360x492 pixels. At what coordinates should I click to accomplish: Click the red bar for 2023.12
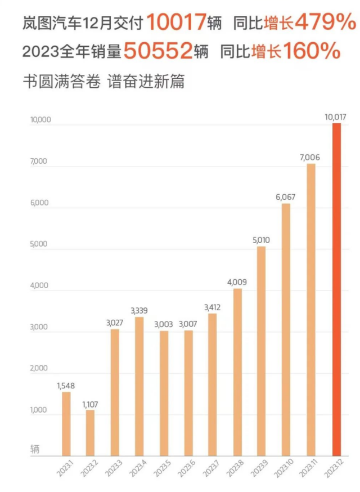[336, 289]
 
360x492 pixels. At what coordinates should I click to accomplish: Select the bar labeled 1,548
[66, 424]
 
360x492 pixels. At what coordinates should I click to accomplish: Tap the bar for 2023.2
[91, 433]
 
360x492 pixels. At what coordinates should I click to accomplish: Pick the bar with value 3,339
[139, 386]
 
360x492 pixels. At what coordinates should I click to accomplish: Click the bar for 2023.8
[237, 372]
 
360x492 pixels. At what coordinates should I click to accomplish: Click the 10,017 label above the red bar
[335, 117]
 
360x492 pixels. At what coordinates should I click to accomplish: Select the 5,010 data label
[262, 240]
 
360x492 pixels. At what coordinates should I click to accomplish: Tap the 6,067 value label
[286, 198]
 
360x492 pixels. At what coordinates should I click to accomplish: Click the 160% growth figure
[312, 52]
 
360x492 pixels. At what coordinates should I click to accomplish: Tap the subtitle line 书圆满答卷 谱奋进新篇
[103, 81]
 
